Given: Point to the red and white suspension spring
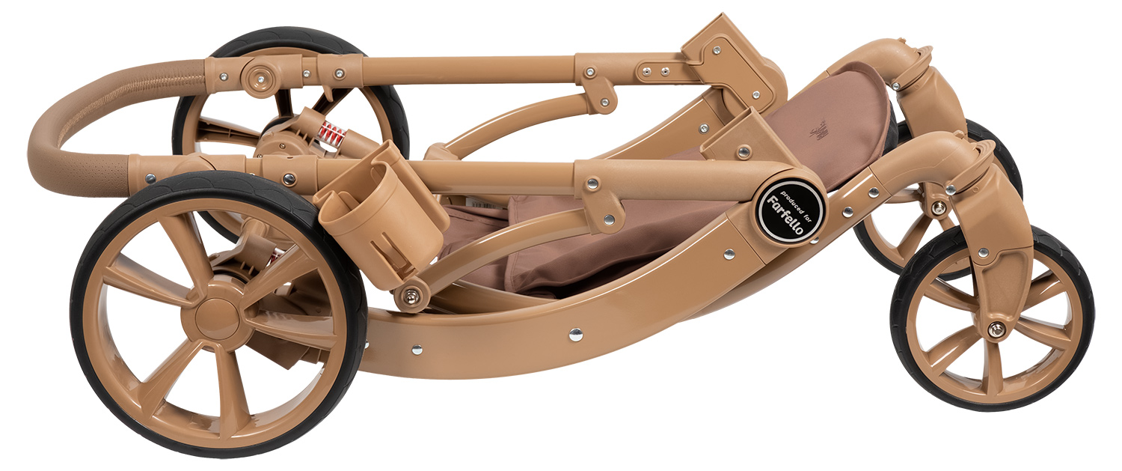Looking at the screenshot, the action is pos(333,134).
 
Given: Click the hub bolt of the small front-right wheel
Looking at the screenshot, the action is pos(997,329).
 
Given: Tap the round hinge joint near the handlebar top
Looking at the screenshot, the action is pos(259,76).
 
